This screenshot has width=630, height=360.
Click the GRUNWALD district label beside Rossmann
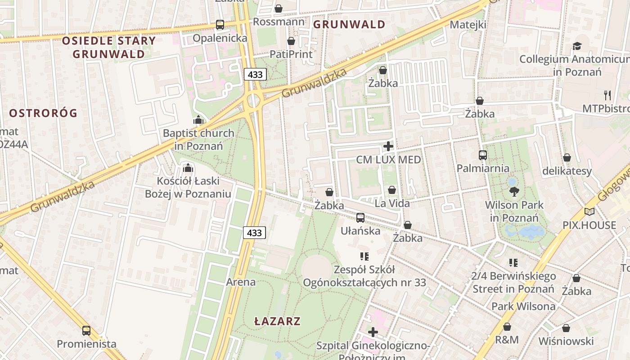(x=349, y=24)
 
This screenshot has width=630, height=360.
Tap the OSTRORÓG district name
(x=43, y=113)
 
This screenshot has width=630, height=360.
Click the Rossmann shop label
(x=279, y=22)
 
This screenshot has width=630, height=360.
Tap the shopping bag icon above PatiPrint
(x=291, y=41)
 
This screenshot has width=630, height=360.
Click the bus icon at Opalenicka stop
(x=220, y=25)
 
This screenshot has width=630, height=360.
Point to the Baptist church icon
(x=198, y=120)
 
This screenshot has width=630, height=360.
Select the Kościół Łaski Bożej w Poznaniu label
(x=188, y=187)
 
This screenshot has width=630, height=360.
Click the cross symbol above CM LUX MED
(x=388, y=146)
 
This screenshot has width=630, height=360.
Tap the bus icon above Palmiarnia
(x=483, y=155)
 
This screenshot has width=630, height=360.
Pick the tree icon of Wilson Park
(x=514, y=192)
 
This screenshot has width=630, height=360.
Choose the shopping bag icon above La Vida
(x=392, y=190)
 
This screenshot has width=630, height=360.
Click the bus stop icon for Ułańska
(x=360, y=218)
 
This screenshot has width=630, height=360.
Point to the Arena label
(x=240, y=283)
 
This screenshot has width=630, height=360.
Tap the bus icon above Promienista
(x=86, y=331)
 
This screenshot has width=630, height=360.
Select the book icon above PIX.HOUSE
(x=589, y=211)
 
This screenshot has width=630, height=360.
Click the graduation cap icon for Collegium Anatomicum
(x=577, y=46)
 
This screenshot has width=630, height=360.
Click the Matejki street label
(x=468, y=25)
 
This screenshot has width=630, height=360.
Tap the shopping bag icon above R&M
(x=507, y=327)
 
